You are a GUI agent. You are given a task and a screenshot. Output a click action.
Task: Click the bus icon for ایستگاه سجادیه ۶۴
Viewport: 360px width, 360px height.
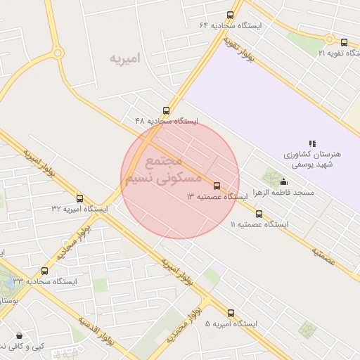(230, 15)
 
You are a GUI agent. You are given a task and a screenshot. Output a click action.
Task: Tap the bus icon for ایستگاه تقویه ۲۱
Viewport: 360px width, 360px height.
(344, 42)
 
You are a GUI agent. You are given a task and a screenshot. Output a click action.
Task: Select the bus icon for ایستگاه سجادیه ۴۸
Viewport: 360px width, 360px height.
(166, 110)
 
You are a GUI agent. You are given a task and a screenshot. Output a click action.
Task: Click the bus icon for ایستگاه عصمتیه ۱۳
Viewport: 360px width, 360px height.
(217, 186)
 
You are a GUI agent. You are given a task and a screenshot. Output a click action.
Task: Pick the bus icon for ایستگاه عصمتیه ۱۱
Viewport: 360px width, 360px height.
(259, 214)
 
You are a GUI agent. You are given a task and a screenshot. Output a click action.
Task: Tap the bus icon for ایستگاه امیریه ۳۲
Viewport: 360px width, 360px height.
(79, 199)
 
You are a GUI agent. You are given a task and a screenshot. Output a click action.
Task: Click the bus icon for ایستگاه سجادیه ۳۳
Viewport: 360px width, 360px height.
(45, 271)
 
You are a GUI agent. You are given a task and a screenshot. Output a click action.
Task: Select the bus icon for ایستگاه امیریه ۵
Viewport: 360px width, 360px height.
(231, 313)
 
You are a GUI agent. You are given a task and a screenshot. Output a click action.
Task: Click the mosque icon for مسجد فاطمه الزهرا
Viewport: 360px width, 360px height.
(283, 182)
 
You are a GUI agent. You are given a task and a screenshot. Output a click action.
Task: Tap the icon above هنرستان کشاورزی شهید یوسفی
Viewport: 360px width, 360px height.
(312, 143)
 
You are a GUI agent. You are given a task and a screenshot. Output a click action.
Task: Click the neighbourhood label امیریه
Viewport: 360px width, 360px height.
(125, 58)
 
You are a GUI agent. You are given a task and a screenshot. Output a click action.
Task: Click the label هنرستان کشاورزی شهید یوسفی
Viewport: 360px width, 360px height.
(312, 159)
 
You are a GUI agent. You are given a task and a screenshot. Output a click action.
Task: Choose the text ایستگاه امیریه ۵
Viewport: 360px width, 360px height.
(231, 324)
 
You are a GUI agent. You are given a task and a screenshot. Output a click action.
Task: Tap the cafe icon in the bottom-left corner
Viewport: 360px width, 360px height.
(18, 335)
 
